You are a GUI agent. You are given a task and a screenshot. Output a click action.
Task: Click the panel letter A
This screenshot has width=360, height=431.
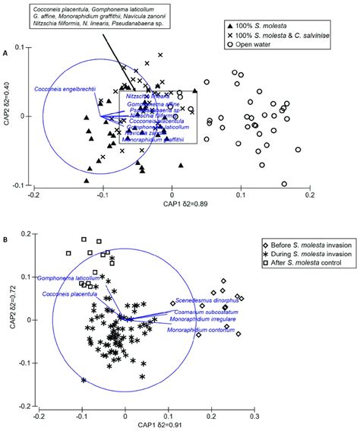(5, 53)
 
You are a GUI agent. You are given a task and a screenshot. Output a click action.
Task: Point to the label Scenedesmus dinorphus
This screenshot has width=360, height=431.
(201, 301)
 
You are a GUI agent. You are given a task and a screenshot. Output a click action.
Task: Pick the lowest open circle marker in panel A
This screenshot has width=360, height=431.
(284, 183)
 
